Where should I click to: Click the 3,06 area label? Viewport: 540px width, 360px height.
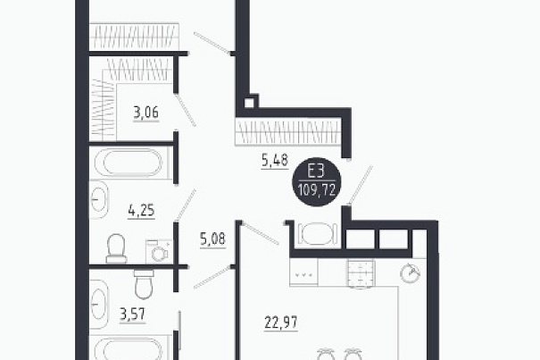coord(146,113)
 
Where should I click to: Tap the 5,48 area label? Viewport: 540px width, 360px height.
coord(275,160)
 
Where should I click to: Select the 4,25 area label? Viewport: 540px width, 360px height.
coord(141,210)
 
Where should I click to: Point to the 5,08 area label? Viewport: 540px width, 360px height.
coord(212,239)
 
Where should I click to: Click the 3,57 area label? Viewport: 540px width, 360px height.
coord(133,314)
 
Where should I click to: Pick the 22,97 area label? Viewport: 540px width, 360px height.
coord(281,322)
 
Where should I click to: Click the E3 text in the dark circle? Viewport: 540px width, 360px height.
coord(316,172)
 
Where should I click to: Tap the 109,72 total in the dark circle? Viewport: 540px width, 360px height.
coord(317,189)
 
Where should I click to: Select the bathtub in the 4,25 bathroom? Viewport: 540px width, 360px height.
coord(133,163)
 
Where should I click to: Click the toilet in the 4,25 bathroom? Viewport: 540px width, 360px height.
coord(116,248)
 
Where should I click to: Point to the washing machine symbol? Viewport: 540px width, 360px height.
coord(158,251)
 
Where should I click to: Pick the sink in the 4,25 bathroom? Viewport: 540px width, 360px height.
coord(99,200)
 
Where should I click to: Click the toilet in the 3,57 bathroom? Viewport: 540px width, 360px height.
coord(144,284)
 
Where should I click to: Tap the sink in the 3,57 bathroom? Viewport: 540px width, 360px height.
coord(99,305)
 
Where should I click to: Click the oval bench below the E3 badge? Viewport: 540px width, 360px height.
coord(317,233)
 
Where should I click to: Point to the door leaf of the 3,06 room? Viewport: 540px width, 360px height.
coord(186,111)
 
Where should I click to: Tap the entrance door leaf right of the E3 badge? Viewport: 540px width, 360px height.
coord(361,186)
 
